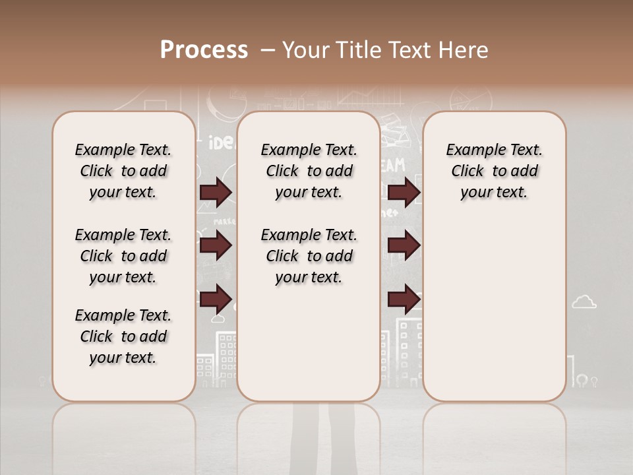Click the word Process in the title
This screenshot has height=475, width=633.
tap(204, 50)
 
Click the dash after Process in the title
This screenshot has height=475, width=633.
tap(268, 51)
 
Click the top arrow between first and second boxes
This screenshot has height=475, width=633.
tap(216, 193)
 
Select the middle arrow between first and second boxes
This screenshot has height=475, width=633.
tap(216, 245)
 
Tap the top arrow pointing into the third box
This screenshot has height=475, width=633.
tap(404, 193)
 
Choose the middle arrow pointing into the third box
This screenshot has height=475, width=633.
tap(404, 245)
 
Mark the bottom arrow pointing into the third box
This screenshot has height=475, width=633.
tap(404, 300)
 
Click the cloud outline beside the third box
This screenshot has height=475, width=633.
tap(584, 302)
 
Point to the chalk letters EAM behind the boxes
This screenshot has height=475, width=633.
tap(394, 165)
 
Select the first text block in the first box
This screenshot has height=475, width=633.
tap(123, 171)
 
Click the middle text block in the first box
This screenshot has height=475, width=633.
tap(123, 256)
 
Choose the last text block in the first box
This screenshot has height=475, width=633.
tap(123, 336)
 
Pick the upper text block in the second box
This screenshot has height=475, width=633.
tap(309, 171)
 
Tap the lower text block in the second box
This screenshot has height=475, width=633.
tap(309, 256)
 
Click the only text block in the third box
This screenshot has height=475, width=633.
tap(494, 171)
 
